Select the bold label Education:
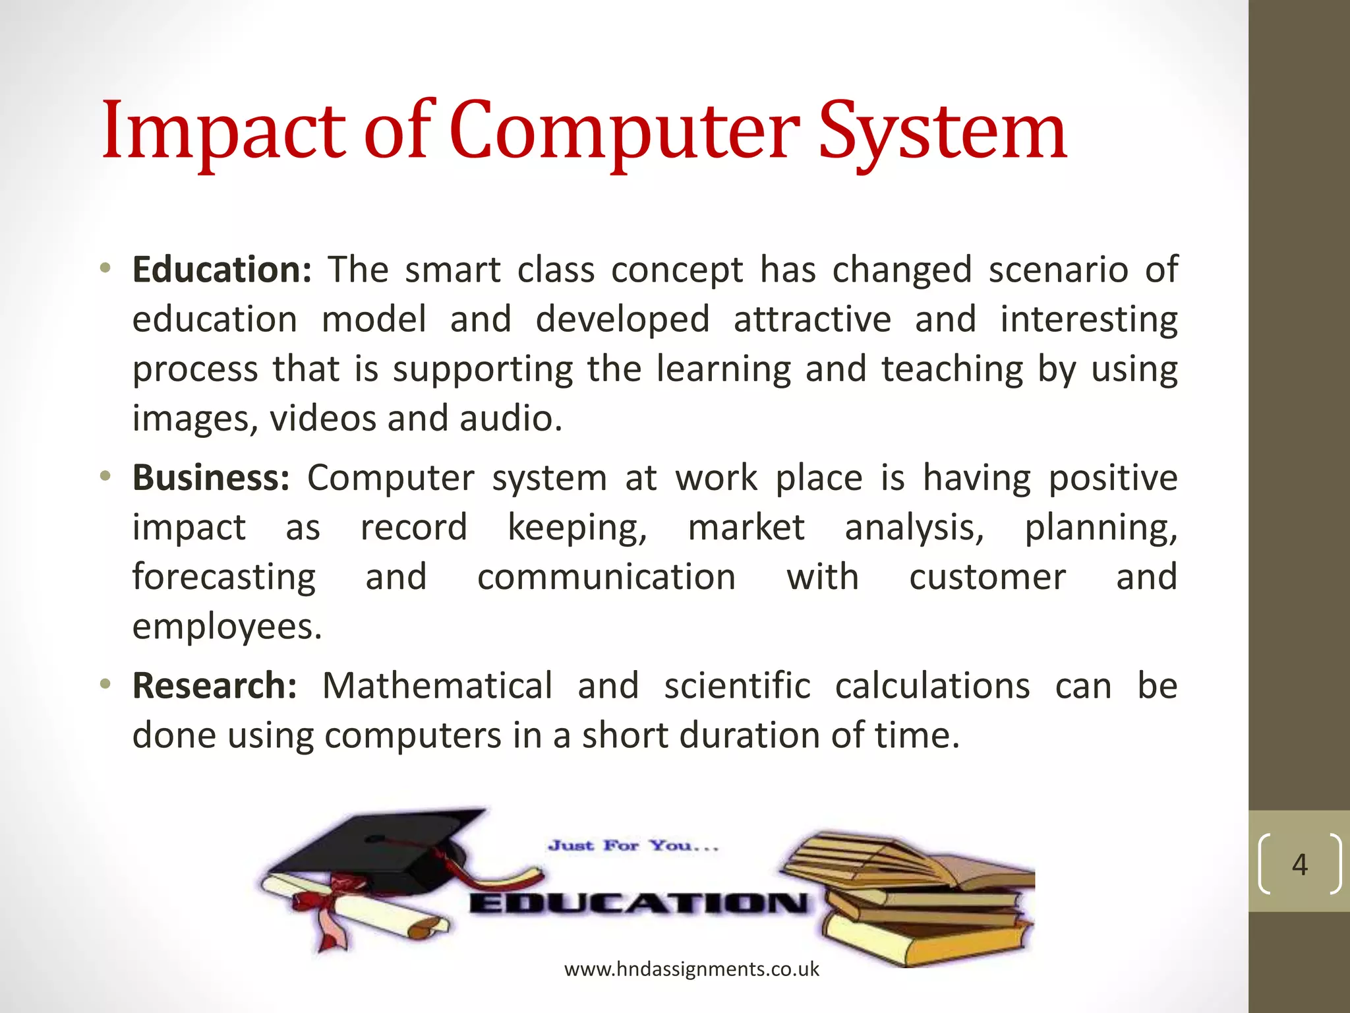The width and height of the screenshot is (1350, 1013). coord(221,270)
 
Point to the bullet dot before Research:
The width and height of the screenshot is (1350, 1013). coord(105,684)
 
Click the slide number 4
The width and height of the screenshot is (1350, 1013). coord(1299,864)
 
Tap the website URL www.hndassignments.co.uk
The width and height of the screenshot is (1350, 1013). coord(691,969)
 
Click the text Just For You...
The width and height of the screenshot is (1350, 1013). coord(633,845)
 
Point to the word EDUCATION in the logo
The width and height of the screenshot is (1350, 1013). coord(638,903)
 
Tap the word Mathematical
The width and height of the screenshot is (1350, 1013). coord(437,685)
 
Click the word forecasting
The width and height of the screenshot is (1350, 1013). coord(224,577)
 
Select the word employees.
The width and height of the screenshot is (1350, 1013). coord(226,627)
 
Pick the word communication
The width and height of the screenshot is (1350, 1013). coord(606,577)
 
